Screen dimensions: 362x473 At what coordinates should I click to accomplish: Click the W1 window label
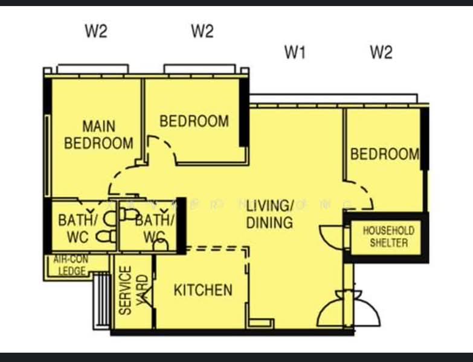coord(295,53)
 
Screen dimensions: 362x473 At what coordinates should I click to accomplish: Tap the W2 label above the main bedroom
coord(95,32)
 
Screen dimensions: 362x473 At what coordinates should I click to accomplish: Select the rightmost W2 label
coord(381,53)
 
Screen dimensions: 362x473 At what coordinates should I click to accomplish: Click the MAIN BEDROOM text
coord(98,135)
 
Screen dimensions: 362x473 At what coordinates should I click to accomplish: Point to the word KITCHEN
coord(203,290)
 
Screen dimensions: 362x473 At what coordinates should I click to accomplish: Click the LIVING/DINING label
coord(270,214)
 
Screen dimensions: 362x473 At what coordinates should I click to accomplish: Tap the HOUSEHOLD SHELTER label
coord(388,237)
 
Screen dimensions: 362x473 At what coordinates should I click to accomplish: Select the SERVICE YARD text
coord(133,290)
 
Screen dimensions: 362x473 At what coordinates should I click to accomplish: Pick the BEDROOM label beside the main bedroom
coord(194,121)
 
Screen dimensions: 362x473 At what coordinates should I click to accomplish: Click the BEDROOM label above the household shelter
coord(385,154)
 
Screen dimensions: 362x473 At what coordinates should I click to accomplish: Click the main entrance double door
coord(338,308)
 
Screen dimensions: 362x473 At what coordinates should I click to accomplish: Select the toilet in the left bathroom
coord(109,235)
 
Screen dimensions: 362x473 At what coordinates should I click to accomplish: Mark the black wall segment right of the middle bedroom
coord(243,112)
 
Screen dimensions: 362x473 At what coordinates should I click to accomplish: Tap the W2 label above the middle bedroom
coord(202,32)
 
